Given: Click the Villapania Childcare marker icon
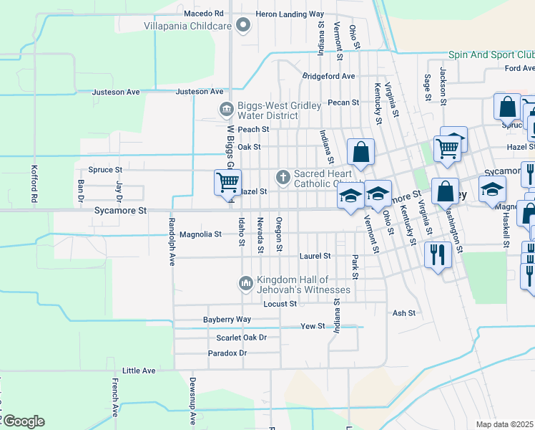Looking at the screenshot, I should coord(244,27).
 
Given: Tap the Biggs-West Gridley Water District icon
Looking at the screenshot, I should coord(226,110).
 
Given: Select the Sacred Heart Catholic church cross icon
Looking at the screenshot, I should coord(283,176).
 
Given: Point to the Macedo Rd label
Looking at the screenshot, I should coord(204,14).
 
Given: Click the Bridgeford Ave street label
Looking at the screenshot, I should coord(328,76).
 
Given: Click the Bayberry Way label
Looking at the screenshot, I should coord(227,319).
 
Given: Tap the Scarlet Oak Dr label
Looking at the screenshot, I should coord(241,337).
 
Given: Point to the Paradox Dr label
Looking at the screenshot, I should coord(227,353).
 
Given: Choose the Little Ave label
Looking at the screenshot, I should coord(139,371).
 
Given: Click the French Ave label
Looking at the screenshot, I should coord(114,398).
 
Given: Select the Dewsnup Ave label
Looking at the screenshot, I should coord(192,401).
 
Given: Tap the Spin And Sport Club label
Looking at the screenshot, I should coord(491,54).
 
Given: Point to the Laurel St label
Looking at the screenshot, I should coord(315,255).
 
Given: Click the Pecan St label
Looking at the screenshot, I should coord(343,102).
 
